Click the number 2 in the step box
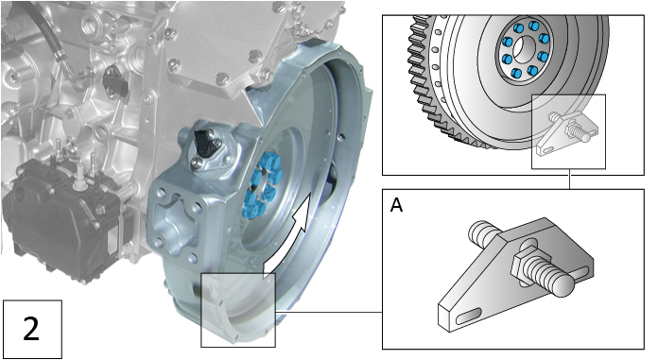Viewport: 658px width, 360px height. [x=31, y=329]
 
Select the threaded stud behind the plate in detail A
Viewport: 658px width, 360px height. [x=482, y=231]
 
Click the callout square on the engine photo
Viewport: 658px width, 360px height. [x=237, y=310]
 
